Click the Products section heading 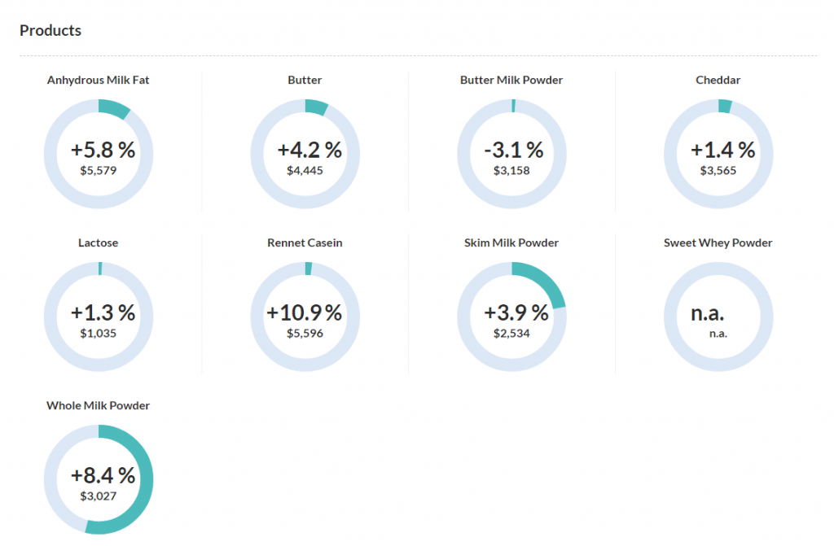click(x=50, y=31)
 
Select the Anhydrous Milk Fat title click(x=99, y=81)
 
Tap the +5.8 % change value click(x=103, y=150)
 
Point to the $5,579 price click(x=99, y=170)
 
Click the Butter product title click(x=305, y=81)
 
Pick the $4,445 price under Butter click(x=305, y=170)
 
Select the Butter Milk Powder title click(x=511, y=81)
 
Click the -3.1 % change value click(x=513, y=150)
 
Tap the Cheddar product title click(x=718, y=81)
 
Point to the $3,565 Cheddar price click(x=718, y=170)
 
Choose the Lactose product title click(x=99, y=243)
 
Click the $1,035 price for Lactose click(x=99, y=333)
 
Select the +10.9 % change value click(x=305, y=312)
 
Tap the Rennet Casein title click(x=305, y=243)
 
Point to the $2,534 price click(x=511, y=333)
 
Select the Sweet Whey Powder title click(x=718, y=243)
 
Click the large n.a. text click(x=708, y=312)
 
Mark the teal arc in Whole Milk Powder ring click(x=143, y=488)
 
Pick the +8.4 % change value click(x=103, y=475)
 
